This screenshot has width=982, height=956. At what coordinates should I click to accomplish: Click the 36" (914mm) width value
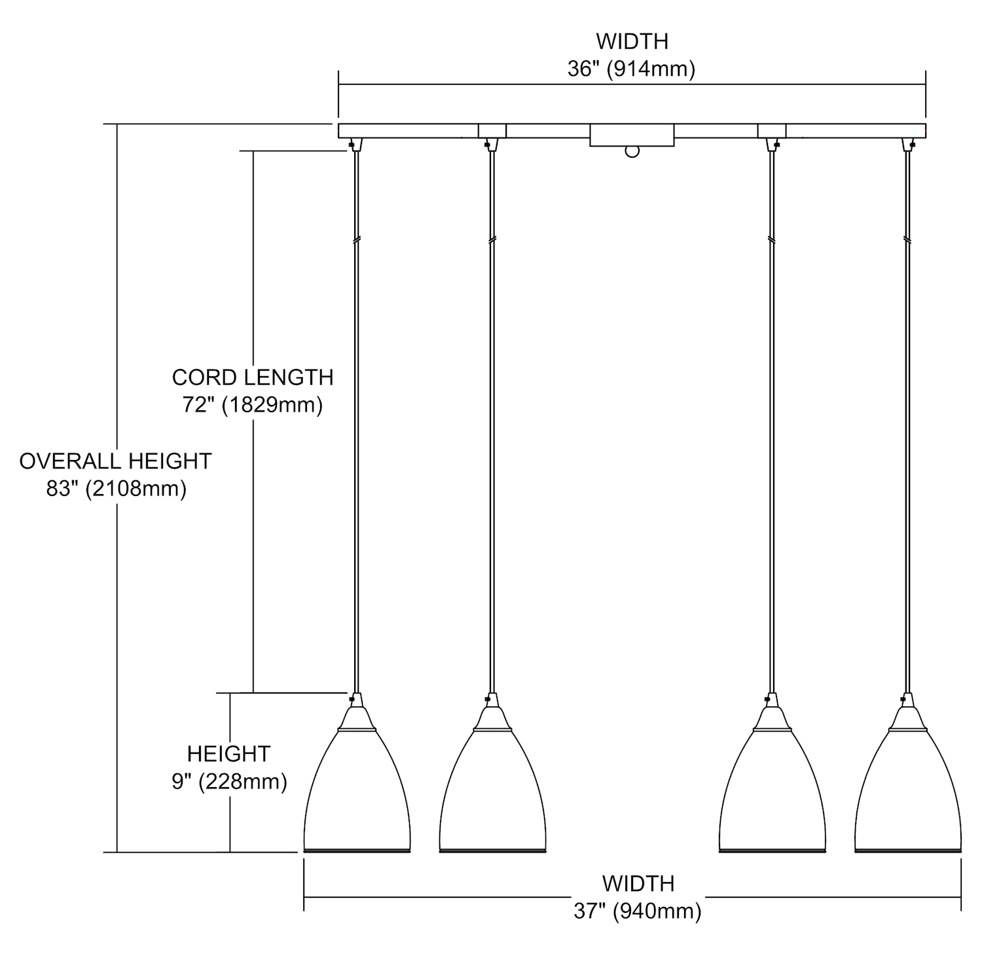coord(631,69)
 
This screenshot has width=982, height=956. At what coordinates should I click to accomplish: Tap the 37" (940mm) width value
coord(638,911)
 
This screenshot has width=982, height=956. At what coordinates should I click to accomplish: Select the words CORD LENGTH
coord(253,378)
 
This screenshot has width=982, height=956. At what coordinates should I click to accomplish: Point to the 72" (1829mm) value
coord(253,405)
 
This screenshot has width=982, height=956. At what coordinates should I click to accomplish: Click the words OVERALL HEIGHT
coord(115,461)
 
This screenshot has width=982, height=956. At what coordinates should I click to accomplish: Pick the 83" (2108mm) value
coord(117,489)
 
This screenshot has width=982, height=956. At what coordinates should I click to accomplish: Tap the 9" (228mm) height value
coord(229,781)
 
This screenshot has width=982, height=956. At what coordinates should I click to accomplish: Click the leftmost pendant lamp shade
coord(357,792)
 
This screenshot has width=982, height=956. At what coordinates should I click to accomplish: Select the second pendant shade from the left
coord(492,792)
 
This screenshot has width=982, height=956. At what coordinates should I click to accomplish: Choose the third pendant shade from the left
coord(773,792)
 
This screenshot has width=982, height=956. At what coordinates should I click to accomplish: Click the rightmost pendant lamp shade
coord(908,792)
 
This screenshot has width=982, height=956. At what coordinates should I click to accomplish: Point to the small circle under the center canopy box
coord(632,152)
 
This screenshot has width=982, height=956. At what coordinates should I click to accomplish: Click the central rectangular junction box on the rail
coord(632,135)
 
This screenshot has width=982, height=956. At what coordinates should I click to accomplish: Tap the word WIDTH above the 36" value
coord(632,41)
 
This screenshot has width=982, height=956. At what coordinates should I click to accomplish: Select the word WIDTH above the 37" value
coord(638,883)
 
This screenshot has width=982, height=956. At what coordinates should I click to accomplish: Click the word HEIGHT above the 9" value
coord(228,754)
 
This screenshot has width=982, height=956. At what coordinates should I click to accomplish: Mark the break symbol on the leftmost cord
coord(356,240)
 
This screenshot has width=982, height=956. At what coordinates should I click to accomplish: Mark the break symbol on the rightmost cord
coord(907,240)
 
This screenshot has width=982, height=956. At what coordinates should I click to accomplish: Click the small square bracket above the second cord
coord(492,131)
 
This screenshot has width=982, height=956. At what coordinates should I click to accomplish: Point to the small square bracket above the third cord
coord(772,131)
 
